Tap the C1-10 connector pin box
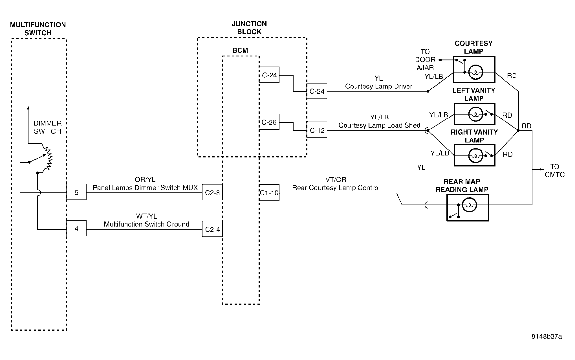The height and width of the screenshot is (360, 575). (x=269, y=192)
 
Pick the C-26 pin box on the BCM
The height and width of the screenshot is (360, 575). (x=269, y=122)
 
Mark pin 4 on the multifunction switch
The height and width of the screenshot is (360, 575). (x=76, y=228)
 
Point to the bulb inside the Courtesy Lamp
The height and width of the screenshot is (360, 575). (x=476, y=72)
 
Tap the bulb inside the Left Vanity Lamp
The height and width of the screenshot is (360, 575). (x=475, y=114)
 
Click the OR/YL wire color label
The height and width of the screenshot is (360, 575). (x=145, y=180)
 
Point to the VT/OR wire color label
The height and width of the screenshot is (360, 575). (x=336, y=180)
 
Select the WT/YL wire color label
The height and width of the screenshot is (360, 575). (x=146, y=216)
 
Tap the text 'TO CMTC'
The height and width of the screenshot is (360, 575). (x=555, y=171)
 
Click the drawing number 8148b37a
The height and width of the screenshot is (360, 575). (x=547, y=337)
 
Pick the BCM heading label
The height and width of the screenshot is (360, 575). (x=240, y=51)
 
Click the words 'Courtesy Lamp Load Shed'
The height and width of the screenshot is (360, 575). (x=379, y=126)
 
